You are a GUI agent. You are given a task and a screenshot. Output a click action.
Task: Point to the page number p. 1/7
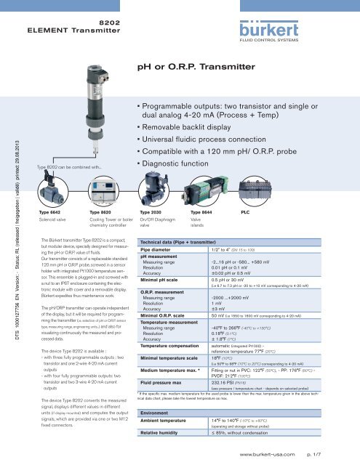click(x=342, y=458)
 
